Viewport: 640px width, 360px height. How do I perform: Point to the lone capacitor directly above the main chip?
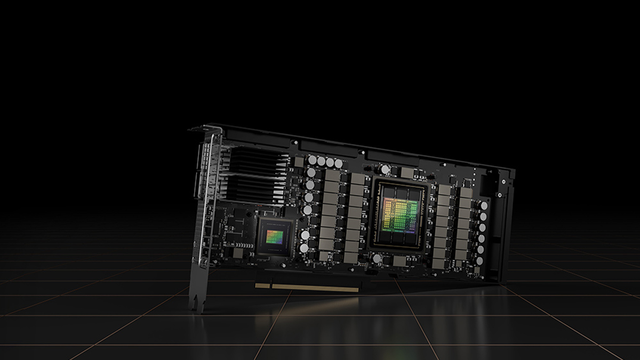(386, 170)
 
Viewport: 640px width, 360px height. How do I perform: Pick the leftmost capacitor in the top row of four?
(313, 159)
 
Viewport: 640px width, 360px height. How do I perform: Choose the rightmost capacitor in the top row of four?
(338, 163)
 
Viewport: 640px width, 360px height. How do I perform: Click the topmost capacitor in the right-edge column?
(484, 205)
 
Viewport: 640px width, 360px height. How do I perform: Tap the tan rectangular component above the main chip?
(408, 173)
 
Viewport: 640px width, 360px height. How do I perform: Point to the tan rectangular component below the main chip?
(399, 261)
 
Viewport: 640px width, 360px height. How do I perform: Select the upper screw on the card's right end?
(503, 181)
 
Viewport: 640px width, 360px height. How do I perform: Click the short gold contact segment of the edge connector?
(262, 285)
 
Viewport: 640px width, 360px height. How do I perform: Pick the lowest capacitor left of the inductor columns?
(304, 248)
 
